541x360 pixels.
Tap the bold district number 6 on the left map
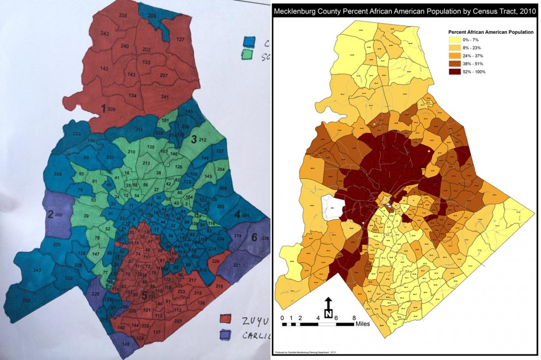254,238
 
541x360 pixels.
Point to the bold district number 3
194,139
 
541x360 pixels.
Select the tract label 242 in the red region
105,34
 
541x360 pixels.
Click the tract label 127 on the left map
180,40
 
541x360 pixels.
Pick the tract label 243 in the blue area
37,270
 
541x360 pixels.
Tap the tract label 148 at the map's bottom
126,344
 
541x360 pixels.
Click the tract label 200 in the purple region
58,214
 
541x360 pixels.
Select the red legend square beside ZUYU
227,318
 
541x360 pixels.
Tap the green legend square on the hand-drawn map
247,54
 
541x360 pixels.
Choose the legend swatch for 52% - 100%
454,71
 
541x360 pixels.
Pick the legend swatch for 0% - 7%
454,40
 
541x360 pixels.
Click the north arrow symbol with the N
328,309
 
